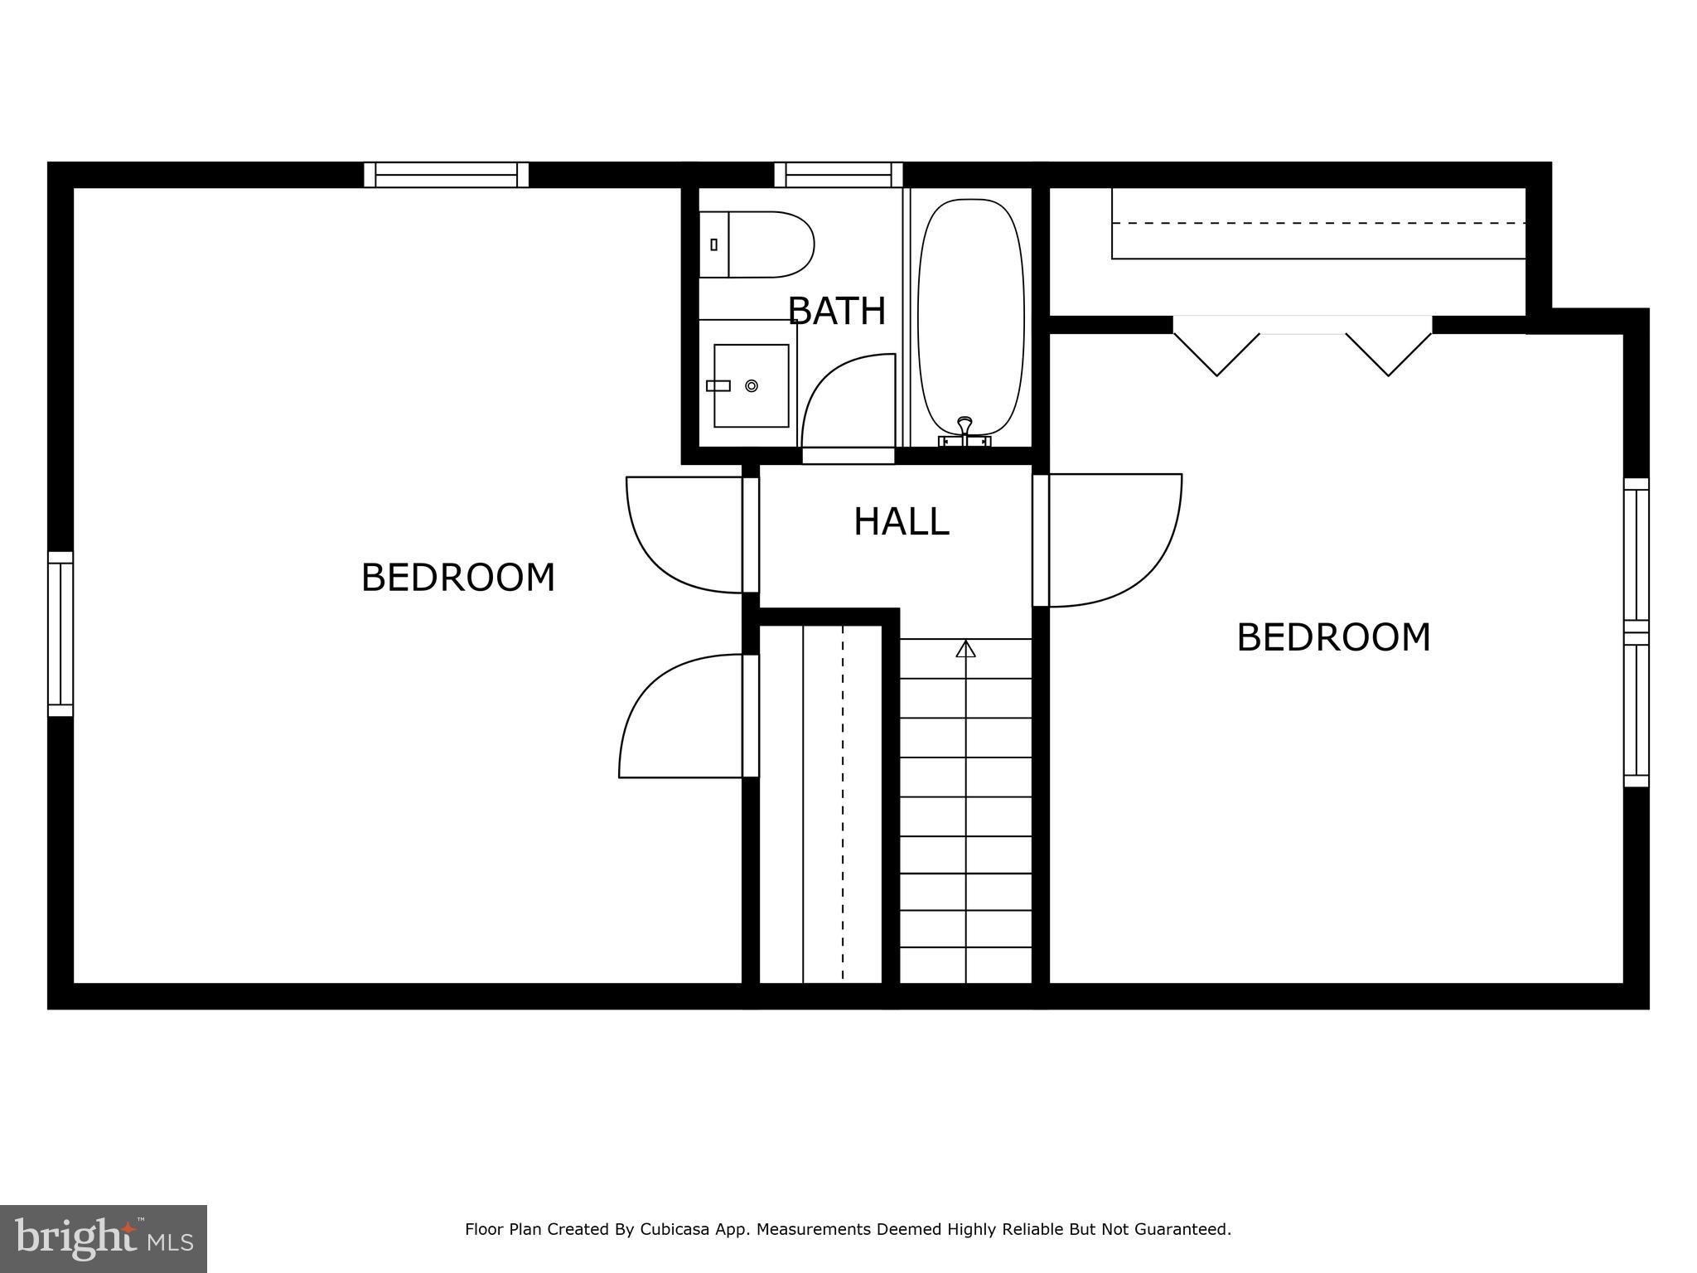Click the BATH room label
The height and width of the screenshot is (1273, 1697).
(x=836, y=312)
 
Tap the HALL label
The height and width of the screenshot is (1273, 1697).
(x=901, y=522)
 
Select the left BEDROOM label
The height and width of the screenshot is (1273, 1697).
(x=457, y=578)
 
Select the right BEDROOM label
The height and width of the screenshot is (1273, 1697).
(x=1333, y=638)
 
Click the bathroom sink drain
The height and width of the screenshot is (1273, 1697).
(x=752, y=386)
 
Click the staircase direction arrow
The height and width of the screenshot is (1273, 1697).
(x=965, y=649)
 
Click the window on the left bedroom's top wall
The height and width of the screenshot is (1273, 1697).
(x=446, y=175)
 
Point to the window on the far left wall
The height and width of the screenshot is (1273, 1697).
(x=60, y=633)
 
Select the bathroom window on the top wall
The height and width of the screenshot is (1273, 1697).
(x=839, y=175)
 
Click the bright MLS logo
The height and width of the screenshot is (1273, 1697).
(x=104, y=1239)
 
